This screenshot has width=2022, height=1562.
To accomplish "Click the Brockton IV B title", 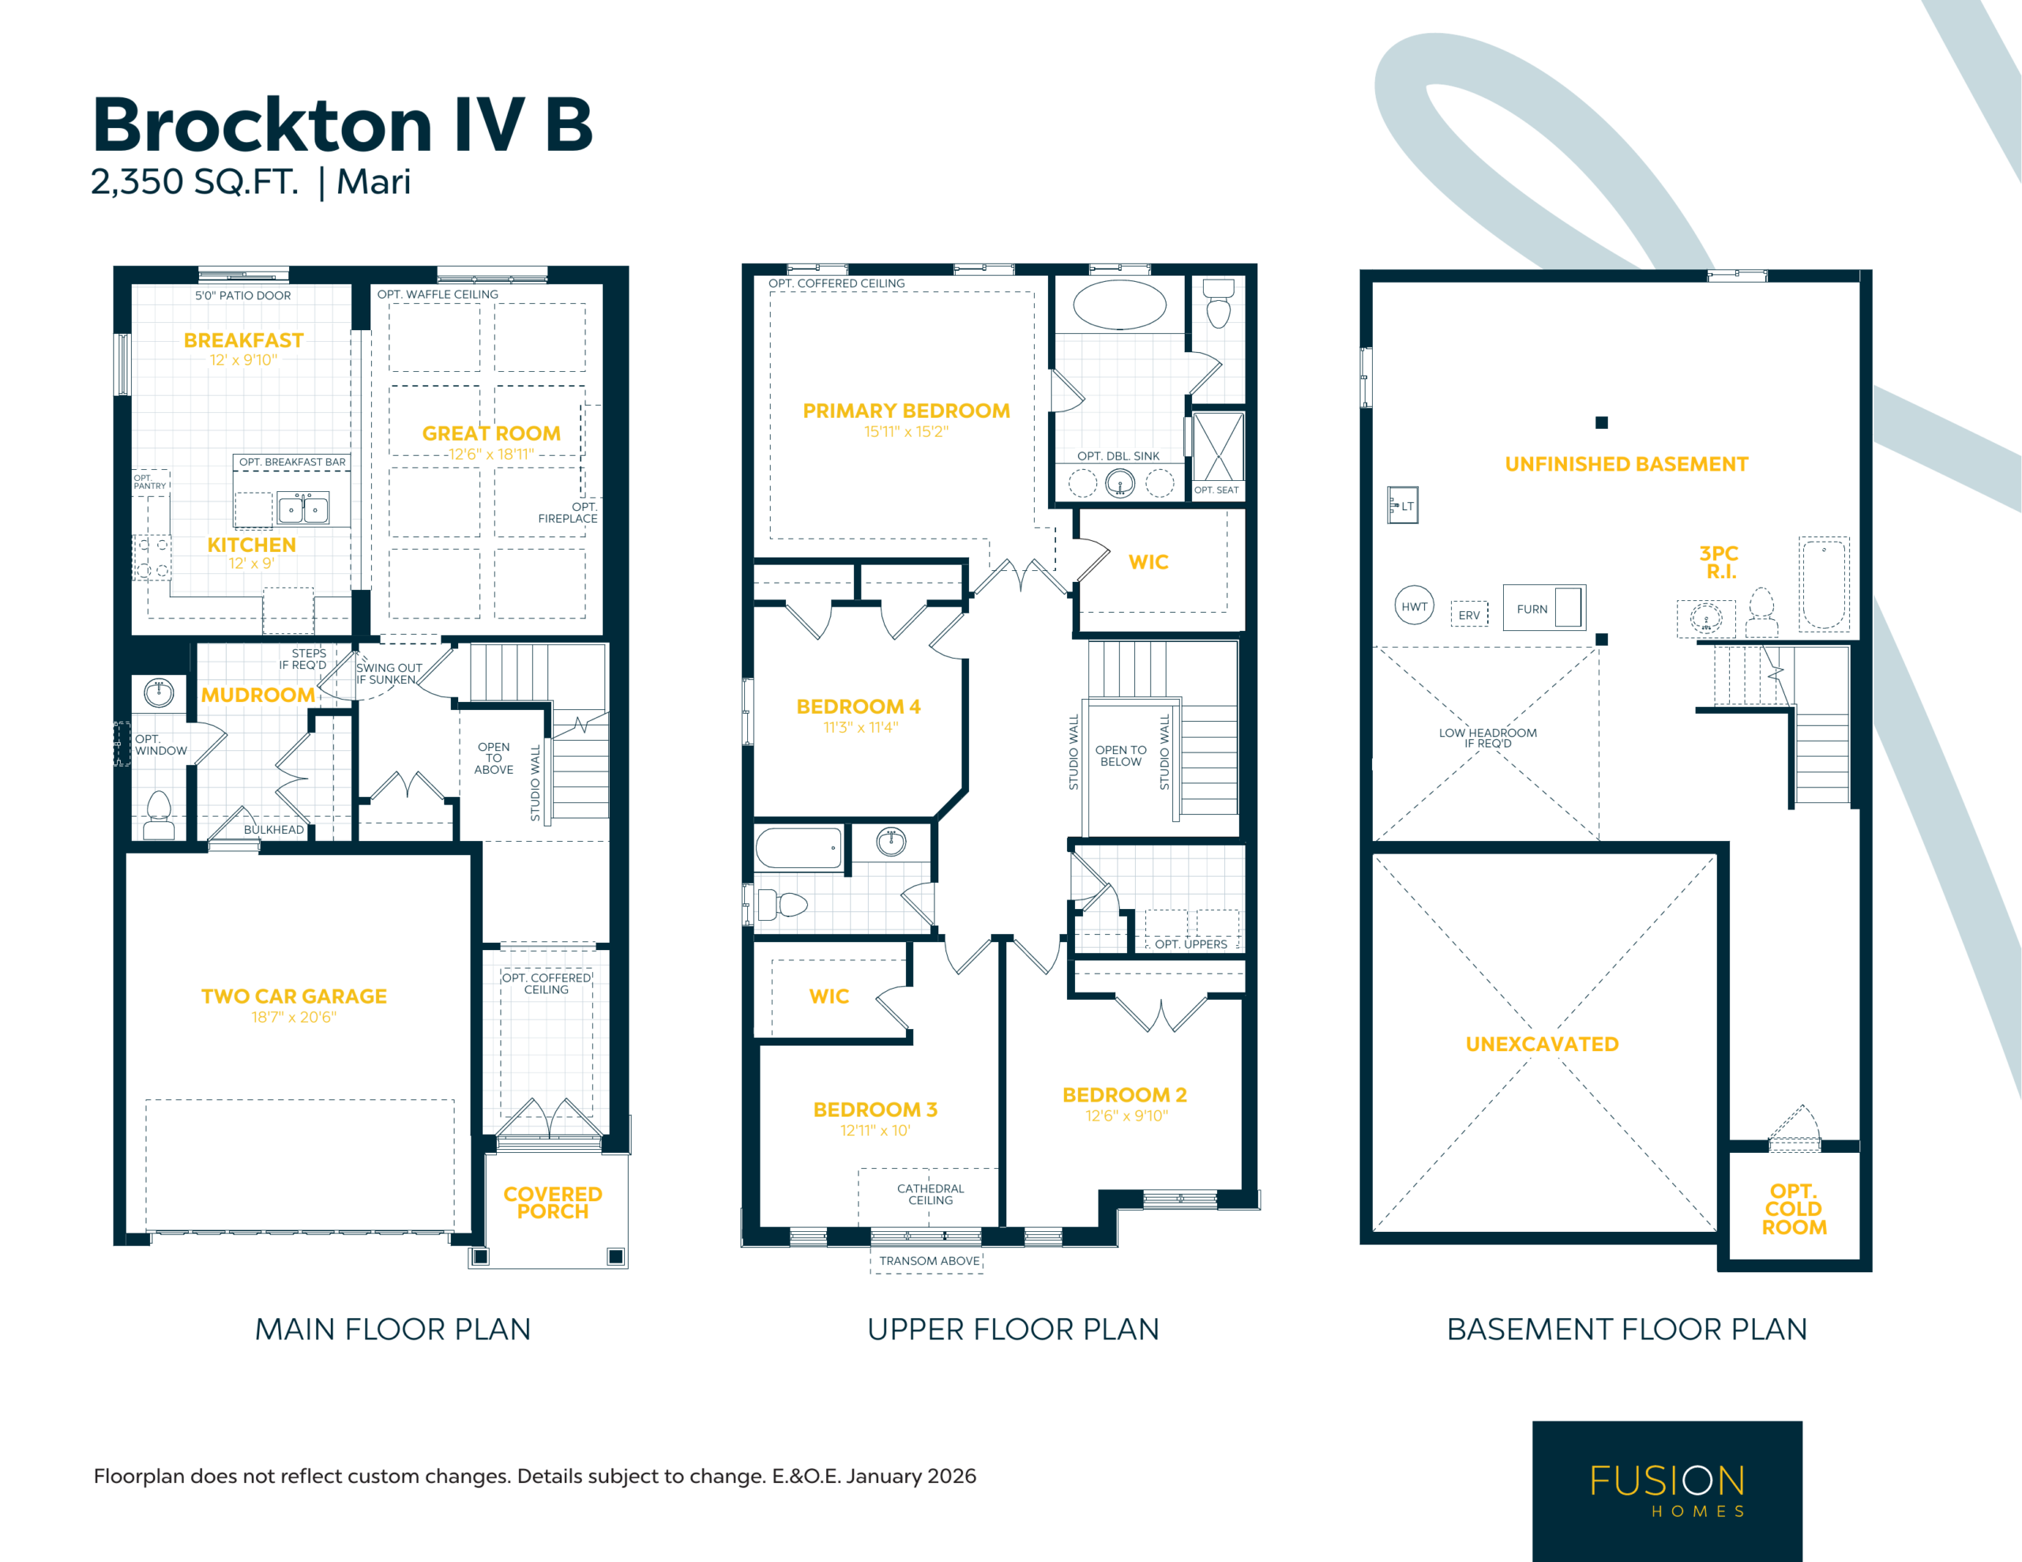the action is (x=343, y=124).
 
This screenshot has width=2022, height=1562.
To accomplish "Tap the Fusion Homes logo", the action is (x=1667, y=1491).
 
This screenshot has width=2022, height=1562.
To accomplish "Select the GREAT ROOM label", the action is (x=491, y=434).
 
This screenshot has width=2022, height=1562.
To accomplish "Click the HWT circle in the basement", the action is (x=1414, y=606).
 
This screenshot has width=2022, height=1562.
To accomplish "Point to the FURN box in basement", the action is (x=1544, y=608).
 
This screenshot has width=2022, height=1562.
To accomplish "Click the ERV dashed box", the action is (x=1469, y=614).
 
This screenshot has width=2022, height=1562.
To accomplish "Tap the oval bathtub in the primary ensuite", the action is (x=1119, y=304).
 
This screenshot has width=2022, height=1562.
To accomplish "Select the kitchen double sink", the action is (x=303, y=509).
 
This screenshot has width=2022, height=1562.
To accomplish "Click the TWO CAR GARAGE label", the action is (x=295, y=997).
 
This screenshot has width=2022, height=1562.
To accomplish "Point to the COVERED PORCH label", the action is (x=553, y=1203).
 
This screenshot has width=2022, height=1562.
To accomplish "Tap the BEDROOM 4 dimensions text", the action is (x=860, y=728).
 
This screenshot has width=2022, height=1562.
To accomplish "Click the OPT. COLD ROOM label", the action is (x=1795, y=1209).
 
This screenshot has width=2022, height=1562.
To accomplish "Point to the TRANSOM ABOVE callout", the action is (x=930, y=1261).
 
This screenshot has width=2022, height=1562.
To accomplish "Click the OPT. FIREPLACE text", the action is (x=568, y=513).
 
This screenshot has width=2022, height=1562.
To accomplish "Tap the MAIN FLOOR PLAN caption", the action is (x=393, y=1330).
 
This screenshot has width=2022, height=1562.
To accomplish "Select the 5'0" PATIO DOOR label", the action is (x=242, y=295).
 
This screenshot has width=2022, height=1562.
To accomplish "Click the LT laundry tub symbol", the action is (x=1403, y=505).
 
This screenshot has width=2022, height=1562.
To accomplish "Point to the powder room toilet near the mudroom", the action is (x=160, y=815).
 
